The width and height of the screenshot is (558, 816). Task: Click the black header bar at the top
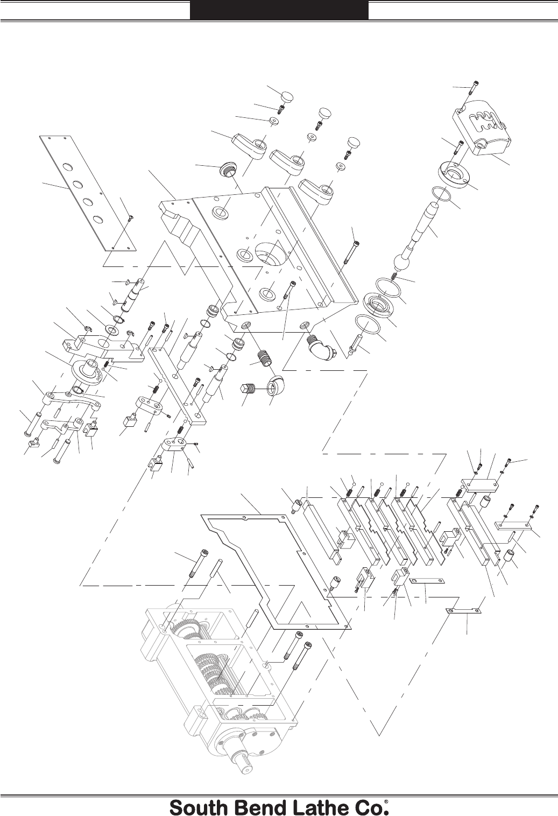279,10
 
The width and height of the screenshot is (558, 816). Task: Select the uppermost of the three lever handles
249,147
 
